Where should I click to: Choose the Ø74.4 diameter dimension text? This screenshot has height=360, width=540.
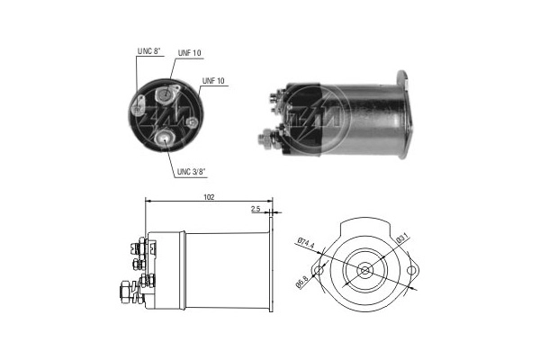[304, 244]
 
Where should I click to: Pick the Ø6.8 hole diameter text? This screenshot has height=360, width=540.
[305, 285]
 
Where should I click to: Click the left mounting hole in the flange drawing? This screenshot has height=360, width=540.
[318, 271]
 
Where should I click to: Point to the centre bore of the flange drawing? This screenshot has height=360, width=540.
[365, 271]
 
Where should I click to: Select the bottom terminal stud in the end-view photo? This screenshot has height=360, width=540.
[165, 137]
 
